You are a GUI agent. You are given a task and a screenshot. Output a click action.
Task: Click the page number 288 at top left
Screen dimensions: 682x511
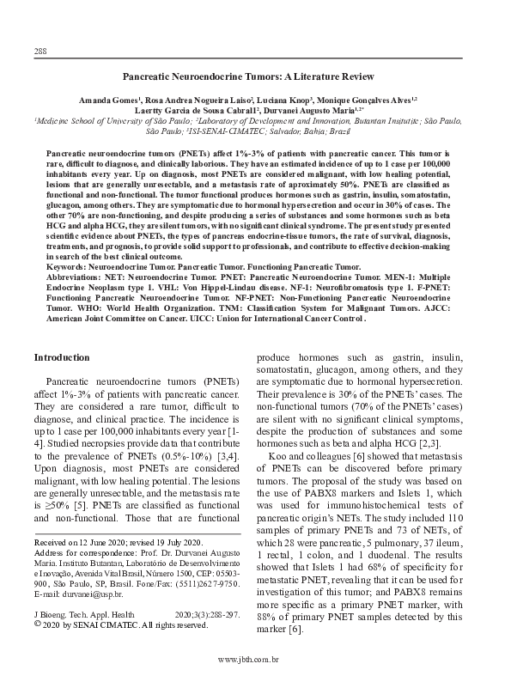point(40,51)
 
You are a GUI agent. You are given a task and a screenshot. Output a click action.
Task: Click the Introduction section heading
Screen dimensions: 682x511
point(61,357)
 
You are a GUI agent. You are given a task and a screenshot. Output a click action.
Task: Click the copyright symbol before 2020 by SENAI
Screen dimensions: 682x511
point(36,624)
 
